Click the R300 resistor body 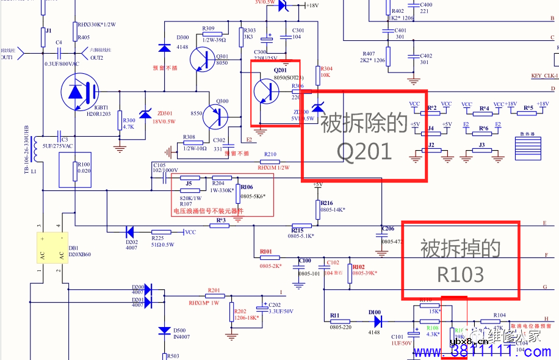pyautogui.click(x=120, y=120)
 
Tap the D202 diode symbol pyautogui.click(x=129, y=232)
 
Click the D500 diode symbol pyautogui.click(x=164, y=331)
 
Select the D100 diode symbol pyautogui.click(x=377, y=321)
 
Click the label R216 pyautogui.click(x=326, y=203)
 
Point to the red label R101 pyautogui.click(x=266, y=251)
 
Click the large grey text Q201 pyautogui.click(x=364, y=150)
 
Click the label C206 pyautogui.click(x=388, y=229)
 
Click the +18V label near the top pyautogui.click(x=312, y=5)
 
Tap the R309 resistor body pyautogui.click(x=208, y=34)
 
